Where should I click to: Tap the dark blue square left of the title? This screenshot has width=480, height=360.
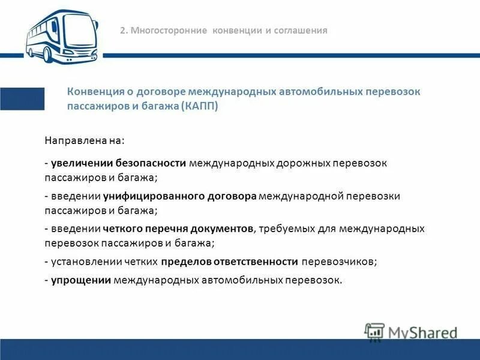click(x=22, y=99)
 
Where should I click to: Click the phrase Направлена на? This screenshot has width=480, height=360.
click(x=85, y=140)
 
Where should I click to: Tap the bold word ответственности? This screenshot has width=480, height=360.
click(x=260, y=262)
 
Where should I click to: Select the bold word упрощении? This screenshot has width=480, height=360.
click(x=81, y=279)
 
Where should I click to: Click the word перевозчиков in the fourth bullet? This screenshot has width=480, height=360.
click(x=339, y=262)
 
